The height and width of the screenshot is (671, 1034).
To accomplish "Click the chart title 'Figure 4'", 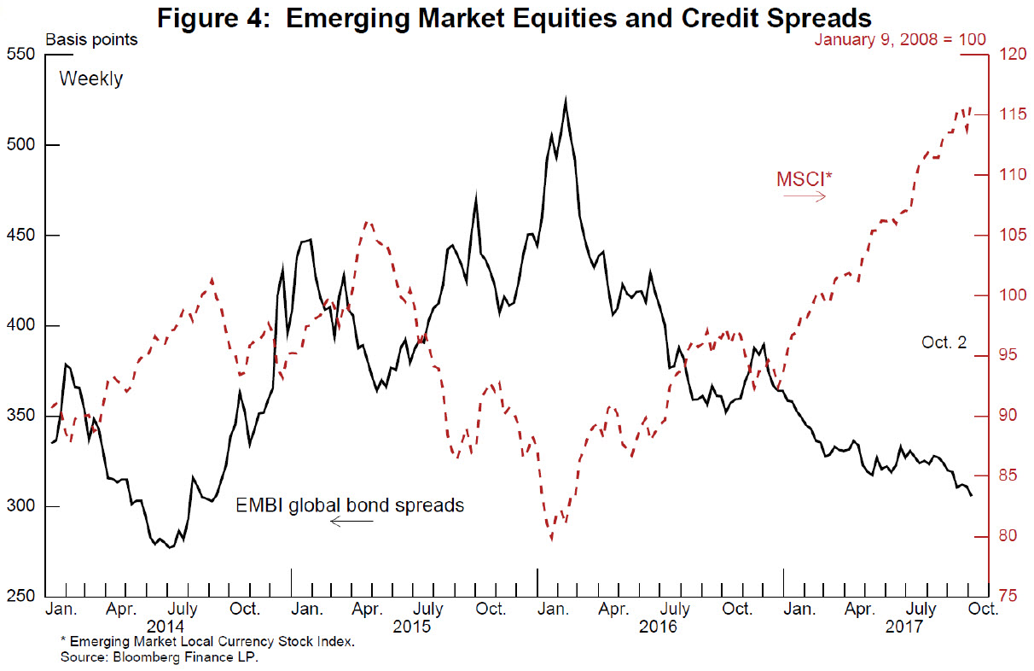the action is [x=213, y=19].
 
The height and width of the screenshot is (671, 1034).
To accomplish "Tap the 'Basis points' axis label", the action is [x=91, y=40].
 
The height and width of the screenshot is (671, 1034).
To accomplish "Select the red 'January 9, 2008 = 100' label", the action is [x=900, y=40].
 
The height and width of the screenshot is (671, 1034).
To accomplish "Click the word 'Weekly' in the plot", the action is [x=91, y=79].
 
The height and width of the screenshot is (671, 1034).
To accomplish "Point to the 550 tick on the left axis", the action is [x=21, y=54].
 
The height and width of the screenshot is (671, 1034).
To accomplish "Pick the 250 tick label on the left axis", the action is [x=21, y=596].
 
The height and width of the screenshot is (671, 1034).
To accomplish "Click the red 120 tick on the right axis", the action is [x=1013, y=54].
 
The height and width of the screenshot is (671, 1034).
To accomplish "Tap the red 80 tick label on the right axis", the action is [x=1008, y=536].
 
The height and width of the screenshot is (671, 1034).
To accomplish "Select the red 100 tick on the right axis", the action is [x=1013, y=295].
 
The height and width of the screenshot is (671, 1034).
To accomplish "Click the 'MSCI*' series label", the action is [x=805, y=179].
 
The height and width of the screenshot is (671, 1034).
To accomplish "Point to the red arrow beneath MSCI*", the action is [x=805, y=197].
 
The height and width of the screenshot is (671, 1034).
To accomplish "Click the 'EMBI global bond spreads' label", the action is [x=350, y=505].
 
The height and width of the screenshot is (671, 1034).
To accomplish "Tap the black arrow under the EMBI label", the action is [x=351, y=522].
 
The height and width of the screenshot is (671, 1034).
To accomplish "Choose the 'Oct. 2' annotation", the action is [x=944, y=342].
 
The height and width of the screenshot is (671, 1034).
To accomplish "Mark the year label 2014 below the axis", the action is [x=166, y=627].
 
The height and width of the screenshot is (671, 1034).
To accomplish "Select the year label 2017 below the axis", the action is [x=903, y=627].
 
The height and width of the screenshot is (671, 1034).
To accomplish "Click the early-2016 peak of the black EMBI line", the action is [x=566, y=98].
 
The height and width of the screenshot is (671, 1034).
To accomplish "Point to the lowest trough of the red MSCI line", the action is [x=551, y=539].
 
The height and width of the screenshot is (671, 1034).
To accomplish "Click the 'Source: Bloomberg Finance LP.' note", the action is [x=159, y=656].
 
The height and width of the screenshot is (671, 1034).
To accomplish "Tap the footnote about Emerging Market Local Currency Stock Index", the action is [x=207, y=641].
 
